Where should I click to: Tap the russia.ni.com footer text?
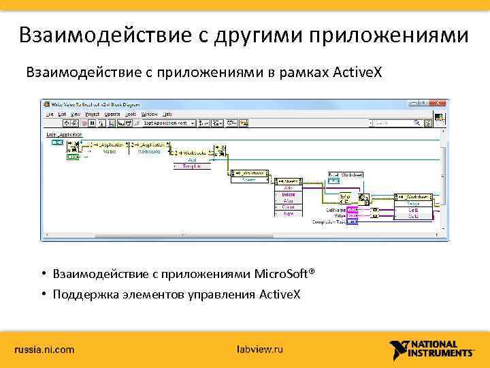tap(45, 350)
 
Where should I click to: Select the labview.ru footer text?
tap(259, 350)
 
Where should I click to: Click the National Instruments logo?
tap(433, 350)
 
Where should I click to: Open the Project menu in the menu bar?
tap(92, 114)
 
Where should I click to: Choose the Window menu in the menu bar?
tap(149, 114)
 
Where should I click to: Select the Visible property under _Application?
tap(109, 151)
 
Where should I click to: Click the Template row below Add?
tap(193, 165)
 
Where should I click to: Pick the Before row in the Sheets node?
tap(289, 194)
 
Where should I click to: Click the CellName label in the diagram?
tap(334, 211)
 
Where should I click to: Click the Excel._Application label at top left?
tap(64, 135)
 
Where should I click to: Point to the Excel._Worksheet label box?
tap(346, 175)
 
